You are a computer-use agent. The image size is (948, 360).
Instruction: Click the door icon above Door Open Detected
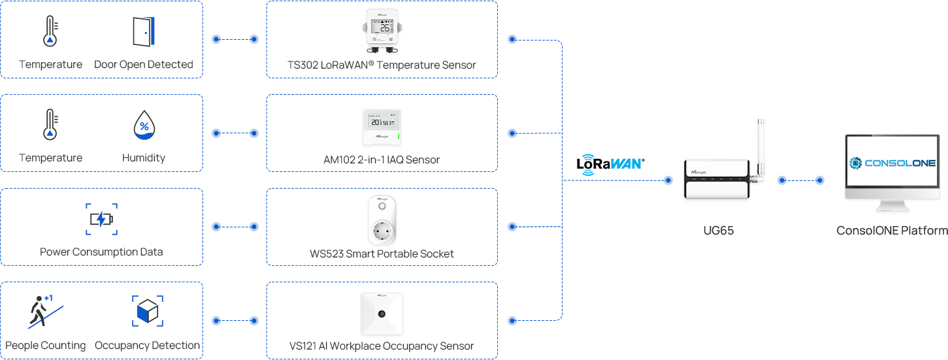pyautogui.click(x=143, y=31)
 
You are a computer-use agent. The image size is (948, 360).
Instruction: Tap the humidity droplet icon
pyautogui.click(x=143, y=125)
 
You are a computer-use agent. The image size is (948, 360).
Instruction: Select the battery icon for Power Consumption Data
pyautogui.click(x=101, y=219)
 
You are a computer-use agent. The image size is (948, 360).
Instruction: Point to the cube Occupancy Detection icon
pyautogui.click(x=147, y=312)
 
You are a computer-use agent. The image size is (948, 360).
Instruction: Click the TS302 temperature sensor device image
pyautogui.click(x=382, y=31)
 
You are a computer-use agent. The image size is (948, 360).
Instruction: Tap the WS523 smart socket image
pyautogui.click(x=382, y=220)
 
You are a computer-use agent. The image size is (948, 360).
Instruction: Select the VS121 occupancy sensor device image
pyautogui.click(x=382, y=314)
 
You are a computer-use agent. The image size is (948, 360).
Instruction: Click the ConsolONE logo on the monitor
pyautogui.click(x=892, y=163)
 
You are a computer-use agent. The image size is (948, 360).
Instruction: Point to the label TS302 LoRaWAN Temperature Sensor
pyautogui.click(x=382, y=65)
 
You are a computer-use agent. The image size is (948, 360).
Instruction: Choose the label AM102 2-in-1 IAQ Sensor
pyautogui.click(x=382, y=159)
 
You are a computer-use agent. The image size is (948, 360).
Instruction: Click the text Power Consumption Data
pyautogui.click(x=101, y=252)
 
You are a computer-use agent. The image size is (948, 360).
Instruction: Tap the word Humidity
pyautogui.click(x=143, y=158)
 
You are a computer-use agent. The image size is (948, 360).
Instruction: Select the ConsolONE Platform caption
pyautogui.click(x=892, y=231)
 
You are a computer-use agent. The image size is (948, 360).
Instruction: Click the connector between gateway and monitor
pyautogui.click(x=800, y=180)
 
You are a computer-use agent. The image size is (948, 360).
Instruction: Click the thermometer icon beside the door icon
pyautogui.click(x=50, y=31)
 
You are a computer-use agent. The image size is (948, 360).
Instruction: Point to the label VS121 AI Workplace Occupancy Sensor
pyautogui.click(x=382, y=346)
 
